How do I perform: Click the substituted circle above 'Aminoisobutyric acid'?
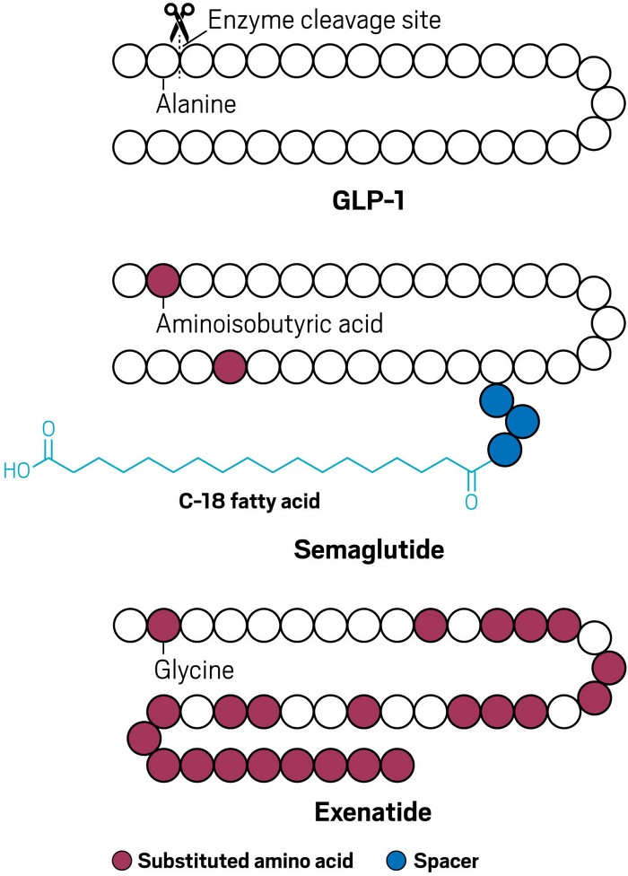(162, 280)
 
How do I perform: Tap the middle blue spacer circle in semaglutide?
(521, 420)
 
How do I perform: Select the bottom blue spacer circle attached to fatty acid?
(503, 446)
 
